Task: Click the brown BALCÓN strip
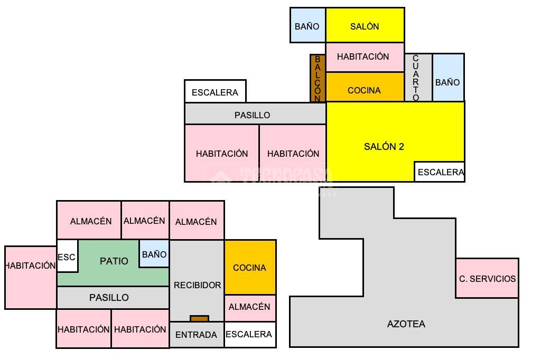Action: coord(318,78)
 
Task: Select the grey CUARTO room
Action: coord(418,78)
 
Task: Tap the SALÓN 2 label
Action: coord(384,147)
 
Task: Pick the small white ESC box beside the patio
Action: coord(67,256)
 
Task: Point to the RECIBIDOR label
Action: coord(198,285)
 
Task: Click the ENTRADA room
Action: coord(197,335)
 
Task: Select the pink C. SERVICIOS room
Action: coord(487,278)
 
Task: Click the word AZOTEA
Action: coord(406,324)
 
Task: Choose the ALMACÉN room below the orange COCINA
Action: coord(250,308)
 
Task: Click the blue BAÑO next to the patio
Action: coord(154,254)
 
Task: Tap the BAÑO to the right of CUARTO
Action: coord(448,78)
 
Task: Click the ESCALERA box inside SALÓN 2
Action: coord(440,172)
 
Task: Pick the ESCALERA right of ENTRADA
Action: coord(250,335)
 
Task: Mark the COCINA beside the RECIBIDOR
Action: coord(250,267)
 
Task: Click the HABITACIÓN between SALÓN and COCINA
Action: coord(365,57)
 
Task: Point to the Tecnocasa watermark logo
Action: coord(272,176)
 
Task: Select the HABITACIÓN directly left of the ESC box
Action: coord(31,277)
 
